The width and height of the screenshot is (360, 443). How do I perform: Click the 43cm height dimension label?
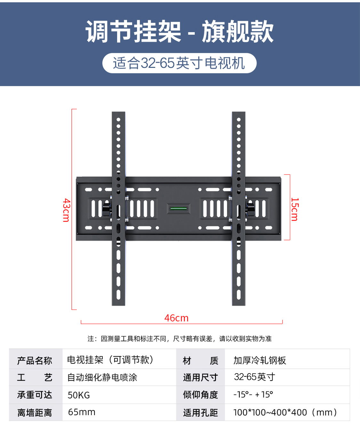click(66, 210)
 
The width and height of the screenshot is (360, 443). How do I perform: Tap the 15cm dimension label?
click(294, 209)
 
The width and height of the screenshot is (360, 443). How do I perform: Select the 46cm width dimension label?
click(176, 318)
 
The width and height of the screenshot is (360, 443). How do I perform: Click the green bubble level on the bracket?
click(179, 209)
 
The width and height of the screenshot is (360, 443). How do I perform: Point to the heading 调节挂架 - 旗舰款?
click(180, 32)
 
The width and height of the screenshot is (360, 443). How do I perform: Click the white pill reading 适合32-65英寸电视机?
click(179, 63)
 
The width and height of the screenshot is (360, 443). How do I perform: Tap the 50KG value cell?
click(79, 395)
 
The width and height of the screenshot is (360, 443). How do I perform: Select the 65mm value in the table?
click(82, 412)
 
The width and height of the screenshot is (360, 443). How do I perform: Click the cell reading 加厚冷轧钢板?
click(260, 360)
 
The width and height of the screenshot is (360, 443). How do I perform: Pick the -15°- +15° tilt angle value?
click(253, 394)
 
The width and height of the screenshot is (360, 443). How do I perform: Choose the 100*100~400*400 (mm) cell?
click(285, 412)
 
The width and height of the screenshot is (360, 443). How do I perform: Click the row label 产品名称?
click(35, 361)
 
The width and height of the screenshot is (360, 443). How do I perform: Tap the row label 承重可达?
click(35, 395)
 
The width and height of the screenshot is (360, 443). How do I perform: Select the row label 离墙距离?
click(35, 413)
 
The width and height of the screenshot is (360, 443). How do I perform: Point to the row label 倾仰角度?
click(200, 395)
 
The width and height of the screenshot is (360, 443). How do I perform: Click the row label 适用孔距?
click(200, 413)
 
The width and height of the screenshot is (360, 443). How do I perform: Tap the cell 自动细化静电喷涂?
click(102, 377)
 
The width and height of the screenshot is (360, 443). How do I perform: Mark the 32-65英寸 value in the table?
click(254, 377)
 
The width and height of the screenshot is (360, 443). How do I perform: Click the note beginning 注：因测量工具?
click(180, 339)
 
